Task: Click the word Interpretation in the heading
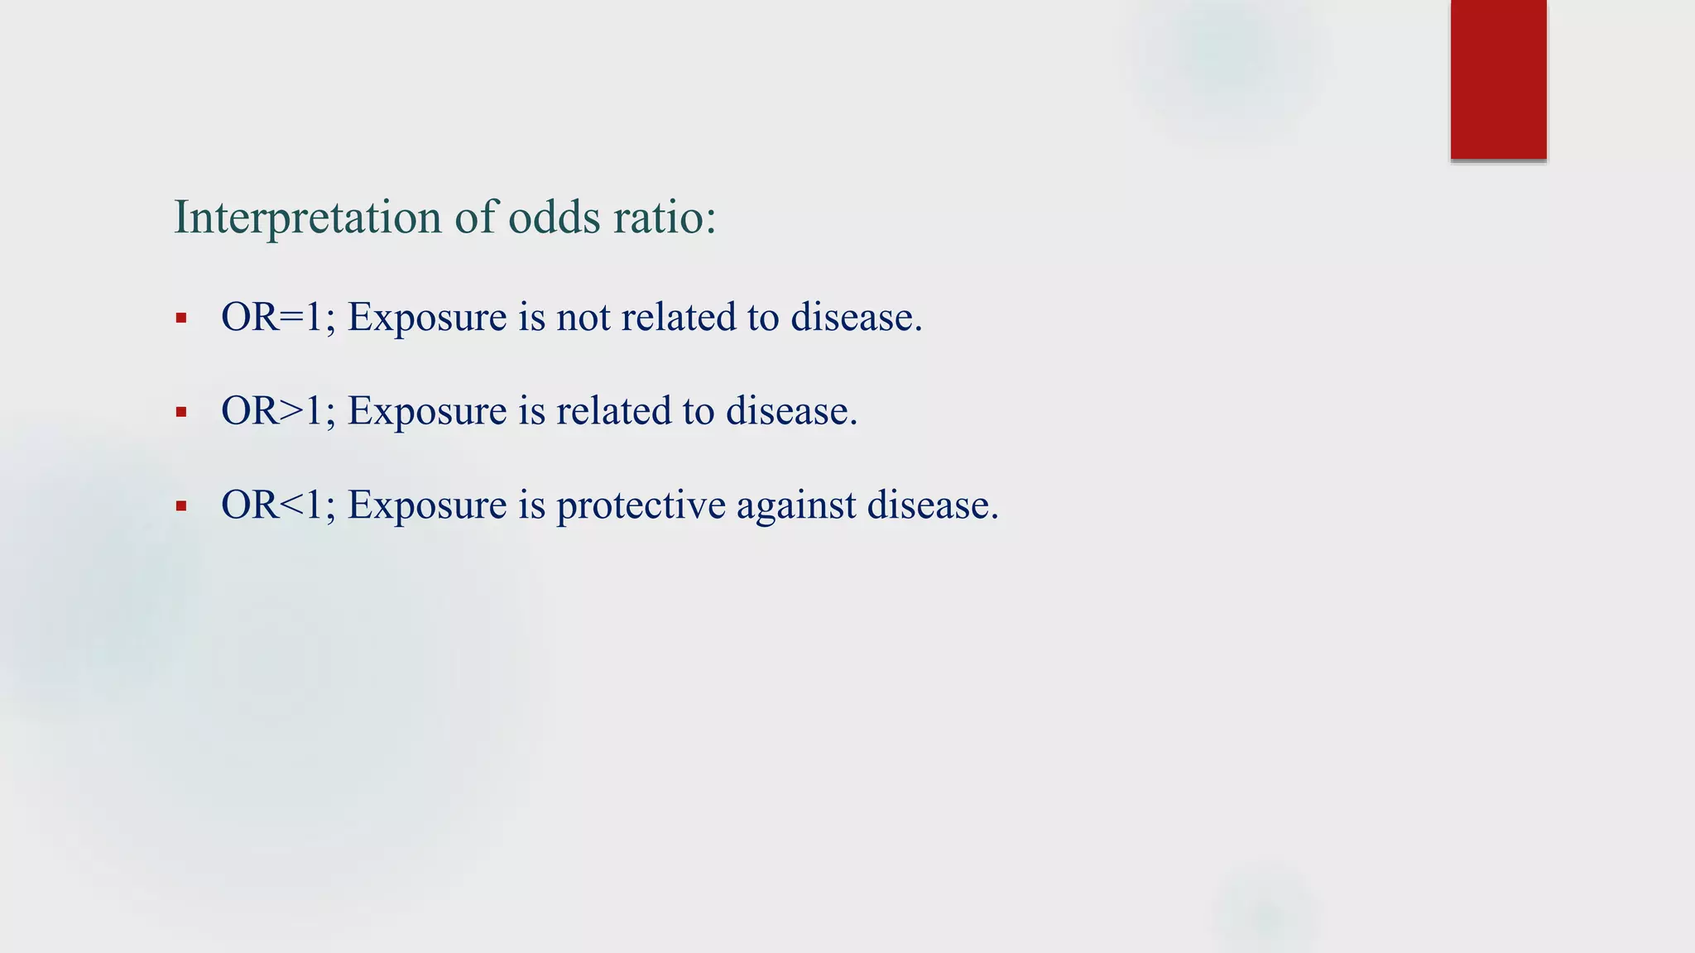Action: pyautogui.click(x=307, y=218)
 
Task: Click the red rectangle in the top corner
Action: pyautogui.click(x=1498, y=79)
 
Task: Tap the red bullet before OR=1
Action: pyautogui.click(x=181, y=318)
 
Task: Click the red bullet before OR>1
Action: pyautogui.click(x=181, y=412)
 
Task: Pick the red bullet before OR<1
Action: pyautogui.click(x=181, y=506)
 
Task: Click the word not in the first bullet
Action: pyautogui.click(x=583, y=318)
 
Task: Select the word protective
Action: pyautogui.click(x=641, y=505)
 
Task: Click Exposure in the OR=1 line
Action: pyautogui.click(x=427, y=318)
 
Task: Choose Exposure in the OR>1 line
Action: pyautogui.click(x=427, y=411)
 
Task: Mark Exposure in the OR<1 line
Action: pyautogui.click(x=427, y=505)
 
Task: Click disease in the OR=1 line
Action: pyautogui.click(x=855, y=318)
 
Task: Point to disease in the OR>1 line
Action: pyautogui.click(x=790, y=411)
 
